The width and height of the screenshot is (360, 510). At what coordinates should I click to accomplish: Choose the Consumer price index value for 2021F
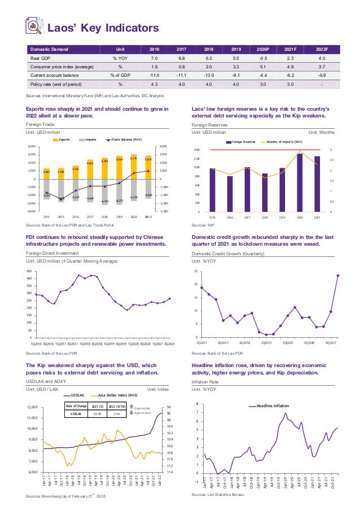(x=293, y=67)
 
